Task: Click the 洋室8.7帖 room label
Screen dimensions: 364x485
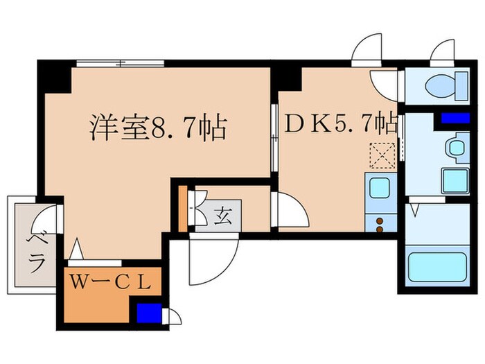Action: [158, 128]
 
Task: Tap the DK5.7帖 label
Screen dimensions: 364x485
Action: [341, 124]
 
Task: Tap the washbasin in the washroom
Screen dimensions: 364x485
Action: [455, 147]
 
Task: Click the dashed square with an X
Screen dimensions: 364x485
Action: [380, 153]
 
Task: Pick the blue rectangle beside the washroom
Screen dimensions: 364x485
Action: [450, 119]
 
